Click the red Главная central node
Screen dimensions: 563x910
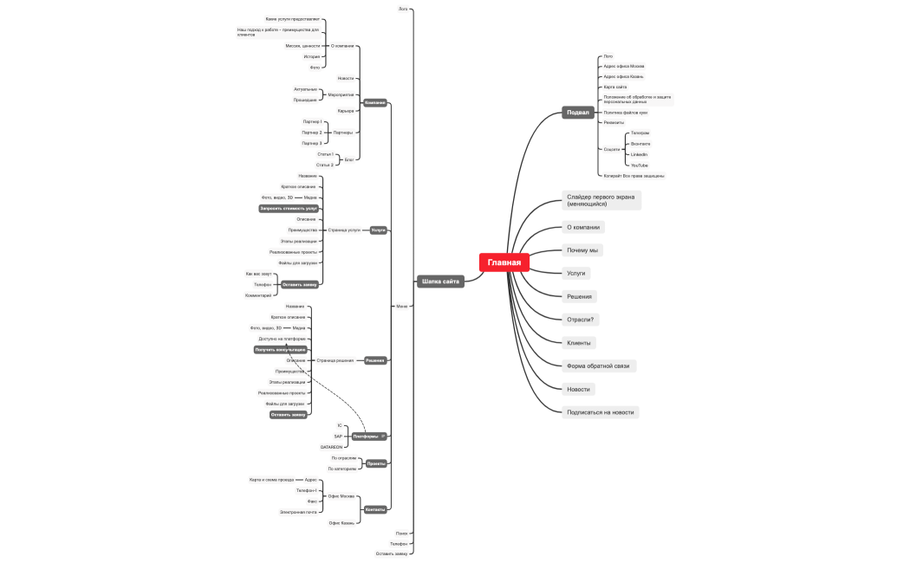(504, 262)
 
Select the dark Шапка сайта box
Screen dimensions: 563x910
(440, 281)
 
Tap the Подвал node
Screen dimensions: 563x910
(577, 113)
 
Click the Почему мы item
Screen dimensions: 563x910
(583, 250)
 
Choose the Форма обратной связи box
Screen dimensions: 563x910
(597, 366)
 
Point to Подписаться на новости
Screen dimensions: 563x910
(600, 412)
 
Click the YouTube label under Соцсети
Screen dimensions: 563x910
(640, 165)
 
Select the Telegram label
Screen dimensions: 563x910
(640, 133)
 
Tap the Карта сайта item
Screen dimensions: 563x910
(615, 87)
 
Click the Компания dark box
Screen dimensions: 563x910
(375, 102)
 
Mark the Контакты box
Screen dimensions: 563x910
(375, 509)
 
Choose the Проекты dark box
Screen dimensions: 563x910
(376, 463)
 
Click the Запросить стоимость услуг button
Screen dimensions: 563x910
(289, 209)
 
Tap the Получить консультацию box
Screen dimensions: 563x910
(281, 350)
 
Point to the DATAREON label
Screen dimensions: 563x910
(333, 447)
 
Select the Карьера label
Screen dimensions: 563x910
(346, 111)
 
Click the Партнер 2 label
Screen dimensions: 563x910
(311, 133)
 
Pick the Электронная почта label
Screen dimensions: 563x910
(299, 512)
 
